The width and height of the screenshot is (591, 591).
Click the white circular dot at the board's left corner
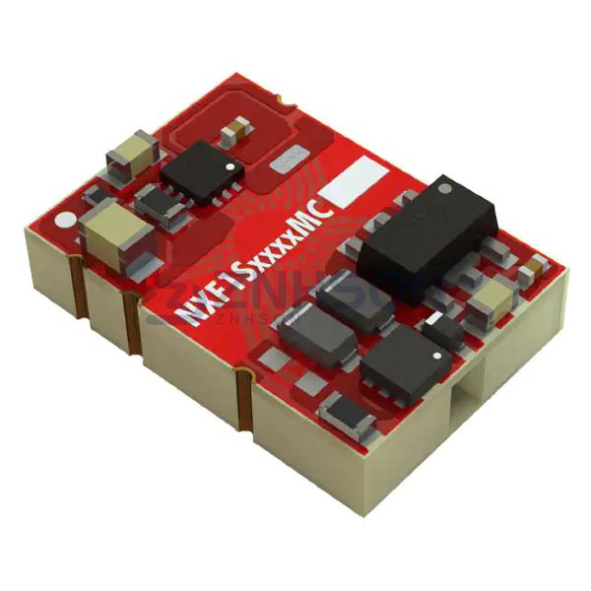pyautogui.click(x=66, y=219)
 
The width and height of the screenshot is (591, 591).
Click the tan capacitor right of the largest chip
pyautogui.click(x=491, y=297)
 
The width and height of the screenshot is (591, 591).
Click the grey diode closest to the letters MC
pyautogui.click(x=352, y=295)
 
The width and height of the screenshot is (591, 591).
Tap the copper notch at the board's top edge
pyautogui.click(x=284, y=100)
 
